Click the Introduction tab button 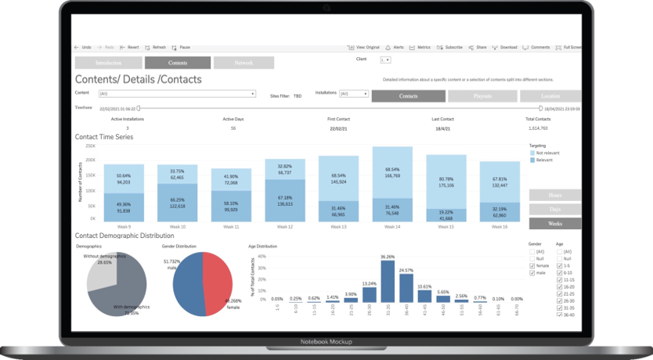[107, 63]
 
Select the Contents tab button [178, 63]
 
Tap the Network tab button [244, 63]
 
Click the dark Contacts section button [408, 96]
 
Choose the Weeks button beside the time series [555, 223]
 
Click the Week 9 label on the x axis [123, 227]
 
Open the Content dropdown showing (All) [176, 94]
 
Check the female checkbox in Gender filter [532, 265]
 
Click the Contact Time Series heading [104, 137]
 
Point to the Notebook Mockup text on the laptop [326, 342]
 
